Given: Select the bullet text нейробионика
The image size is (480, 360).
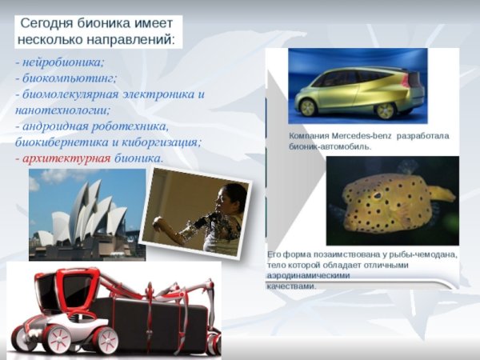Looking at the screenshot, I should click(63, 62).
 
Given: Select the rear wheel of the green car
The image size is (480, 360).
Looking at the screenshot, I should click(386, 110).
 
